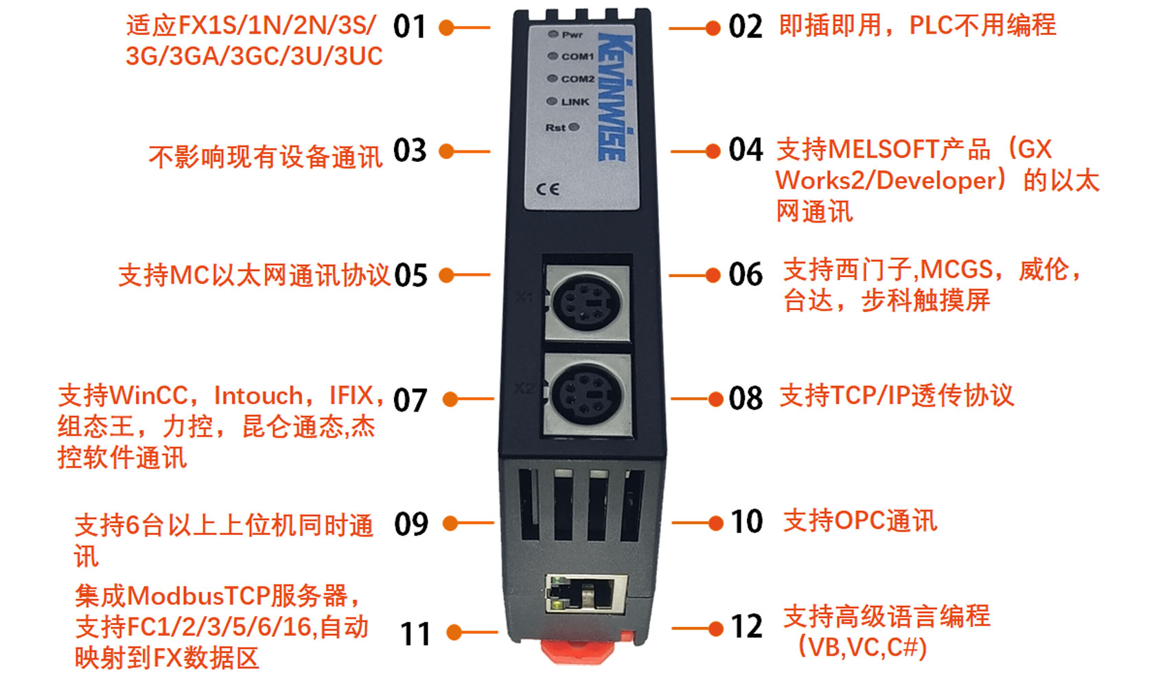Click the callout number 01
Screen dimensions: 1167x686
(410, 27)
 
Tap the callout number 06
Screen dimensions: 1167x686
(746, 275)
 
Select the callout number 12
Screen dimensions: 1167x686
(747, 627)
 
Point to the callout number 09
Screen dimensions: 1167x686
(411, 524)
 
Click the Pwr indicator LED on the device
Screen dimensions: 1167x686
(553, 34)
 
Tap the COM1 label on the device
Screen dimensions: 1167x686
(578, 56)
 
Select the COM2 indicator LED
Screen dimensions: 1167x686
(552, 78)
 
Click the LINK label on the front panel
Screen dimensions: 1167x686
(575, 102)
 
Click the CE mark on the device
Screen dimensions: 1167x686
(548, 189)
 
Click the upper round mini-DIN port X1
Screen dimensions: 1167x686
(586, 303)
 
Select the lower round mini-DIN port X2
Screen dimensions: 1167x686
(587, 394)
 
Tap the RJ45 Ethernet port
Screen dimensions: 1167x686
(586, 593)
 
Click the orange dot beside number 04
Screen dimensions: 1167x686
(713, 152)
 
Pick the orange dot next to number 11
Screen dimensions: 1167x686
(454, 632)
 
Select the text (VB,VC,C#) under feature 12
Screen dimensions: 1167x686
(863, 648)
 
